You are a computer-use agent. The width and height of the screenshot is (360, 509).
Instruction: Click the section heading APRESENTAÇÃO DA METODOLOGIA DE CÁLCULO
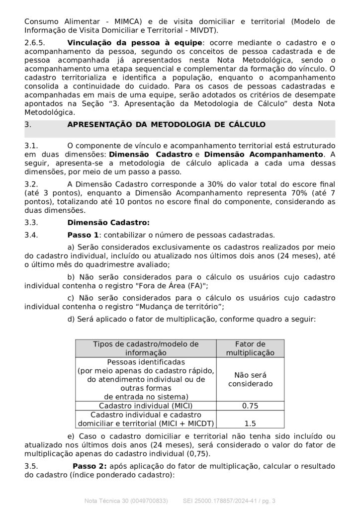pyautogui.click(x=166, y=124)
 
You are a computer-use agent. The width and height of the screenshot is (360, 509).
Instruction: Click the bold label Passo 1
pyautogui.click(x=83, y=235)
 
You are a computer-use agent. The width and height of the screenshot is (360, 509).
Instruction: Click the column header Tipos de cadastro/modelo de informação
pyautogui.click(x=146, y=348)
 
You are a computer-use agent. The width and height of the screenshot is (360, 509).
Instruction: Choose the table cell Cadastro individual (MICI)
pyautogui.click(x=146, y=406)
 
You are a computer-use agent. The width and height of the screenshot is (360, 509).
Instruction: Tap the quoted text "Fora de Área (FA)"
pyautogui.click(x=164, y=286)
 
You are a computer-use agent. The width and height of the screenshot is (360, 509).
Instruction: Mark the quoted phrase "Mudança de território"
pyautogui.click(x=180, y=306)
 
